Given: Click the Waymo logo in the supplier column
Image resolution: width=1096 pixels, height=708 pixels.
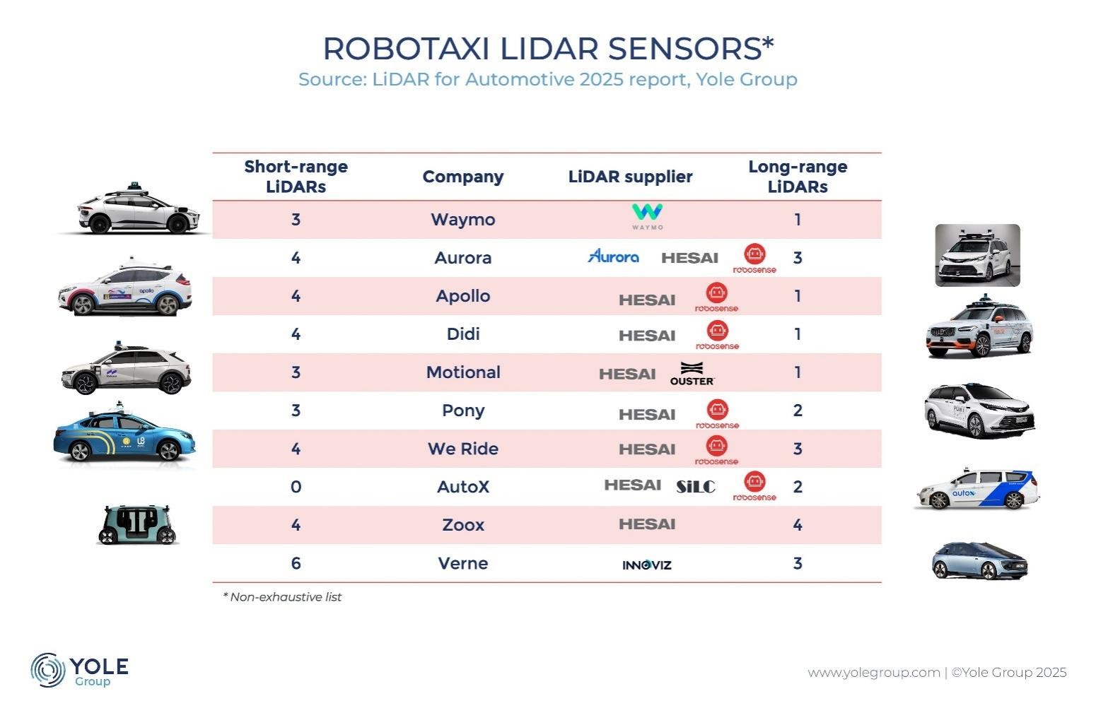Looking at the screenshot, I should pyautogui.click(x=647, y=217).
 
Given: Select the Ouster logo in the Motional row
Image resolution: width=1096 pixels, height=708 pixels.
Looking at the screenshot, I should pyautogui.click(x=692, y=373).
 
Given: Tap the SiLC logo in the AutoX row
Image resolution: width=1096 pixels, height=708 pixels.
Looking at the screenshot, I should pyautogui.click(x=696, y=486).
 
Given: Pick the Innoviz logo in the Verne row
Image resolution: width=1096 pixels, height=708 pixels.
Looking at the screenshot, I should pyautogui.click(x=647, y=565).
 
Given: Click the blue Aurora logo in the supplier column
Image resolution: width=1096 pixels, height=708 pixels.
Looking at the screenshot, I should pyautogui.click(x=613, y=256).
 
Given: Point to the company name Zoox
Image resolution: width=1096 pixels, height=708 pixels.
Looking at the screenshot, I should pyautogui.click(x=463, y=525).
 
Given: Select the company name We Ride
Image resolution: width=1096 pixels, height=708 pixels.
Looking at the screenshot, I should pyautogui.click(x=463, y=449).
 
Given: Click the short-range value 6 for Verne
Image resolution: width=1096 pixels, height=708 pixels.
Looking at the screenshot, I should pyautogui.click(x=296, y=563).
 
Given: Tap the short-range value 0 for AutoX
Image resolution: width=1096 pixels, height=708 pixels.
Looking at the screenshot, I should pyautogui.click(x=296, y=487).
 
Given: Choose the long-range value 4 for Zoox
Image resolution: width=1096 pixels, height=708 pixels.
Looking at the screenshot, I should pyautogui.click(x=798, y=525).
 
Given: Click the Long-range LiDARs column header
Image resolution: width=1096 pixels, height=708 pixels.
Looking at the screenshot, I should pyautogui.click(x=798, y=177).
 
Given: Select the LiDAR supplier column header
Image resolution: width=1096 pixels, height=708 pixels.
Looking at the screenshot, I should pyautogui.click(x=630, y=177).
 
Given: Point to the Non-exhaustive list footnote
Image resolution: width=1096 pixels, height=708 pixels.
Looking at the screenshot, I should pyautogui.click(x=282, y=597).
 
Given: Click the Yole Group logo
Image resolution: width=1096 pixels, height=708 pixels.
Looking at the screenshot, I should pyautogui.click(x=79, y=670).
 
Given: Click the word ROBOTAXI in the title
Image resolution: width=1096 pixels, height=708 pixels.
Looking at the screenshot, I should pyautogui.click(x=406, y=49).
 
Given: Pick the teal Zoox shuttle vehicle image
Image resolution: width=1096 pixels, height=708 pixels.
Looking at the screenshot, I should pyautogui.click(x=137, y=524).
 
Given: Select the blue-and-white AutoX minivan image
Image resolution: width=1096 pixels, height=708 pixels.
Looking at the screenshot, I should pyautogui.click(x=977, y=489).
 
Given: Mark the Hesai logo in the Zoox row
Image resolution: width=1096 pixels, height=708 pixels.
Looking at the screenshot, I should pyautogui.click(x=647, y=524).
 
